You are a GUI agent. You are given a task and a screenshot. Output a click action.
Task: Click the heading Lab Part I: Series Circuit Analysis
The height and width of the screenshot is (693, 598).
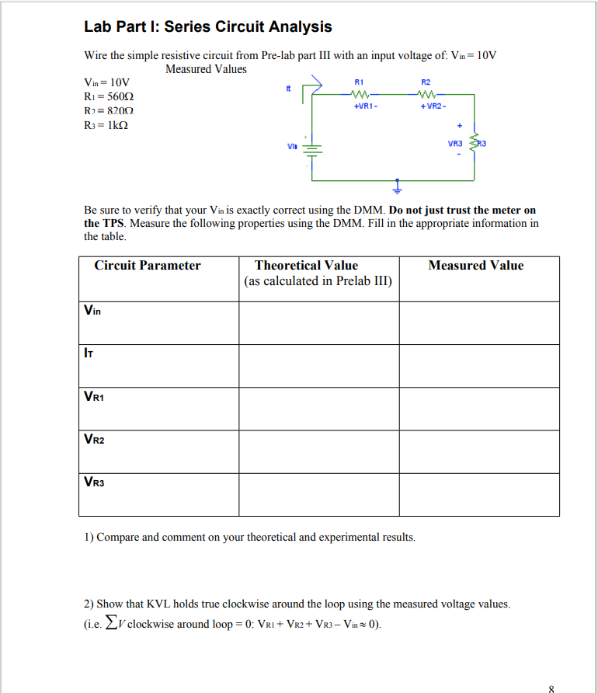click(207, 27)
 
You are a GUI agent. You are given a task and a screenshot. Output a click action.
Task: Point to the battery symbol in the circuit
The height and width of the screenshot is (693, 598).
click(313, 152)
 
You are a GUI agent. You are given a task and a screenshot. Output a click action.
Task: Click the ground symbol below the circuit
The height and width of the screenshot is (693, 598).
click(397, 188)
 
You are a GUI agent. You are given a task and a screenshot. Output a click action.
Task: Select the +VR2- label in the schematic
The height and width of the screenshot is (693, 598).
click(432, 106)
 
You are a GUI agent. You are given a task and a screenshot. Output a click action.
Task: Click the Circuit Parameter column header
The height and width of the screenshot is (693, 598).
click(148, 266)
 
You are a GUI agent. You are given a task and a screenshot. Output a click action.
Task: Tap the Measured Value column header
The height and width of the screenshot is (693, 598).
click(476, 266)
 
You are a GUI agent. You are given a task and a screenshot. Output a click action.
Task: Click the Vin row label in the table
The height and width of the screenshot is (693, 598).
click(92, 311)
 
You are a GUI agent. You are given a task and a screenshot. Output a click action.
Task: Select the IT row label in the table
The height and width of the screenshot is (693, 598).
click(89, 353)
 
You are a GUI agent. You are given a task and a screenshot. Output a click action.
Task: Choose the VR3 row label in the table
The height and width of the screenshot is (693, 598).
click(94, 482)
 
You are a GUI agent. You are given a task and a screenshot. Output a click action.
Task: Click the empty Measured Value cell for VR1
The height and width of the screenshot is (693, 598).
click(479, 408)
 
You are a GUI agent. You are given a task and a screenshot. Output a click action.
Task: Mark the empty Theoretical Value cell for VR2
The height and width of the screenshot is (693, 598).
click(318, 451)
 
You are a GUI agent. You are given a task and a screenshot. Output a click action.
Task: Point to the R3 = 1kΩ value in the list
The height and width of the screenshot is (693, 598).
click(106, 125)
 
